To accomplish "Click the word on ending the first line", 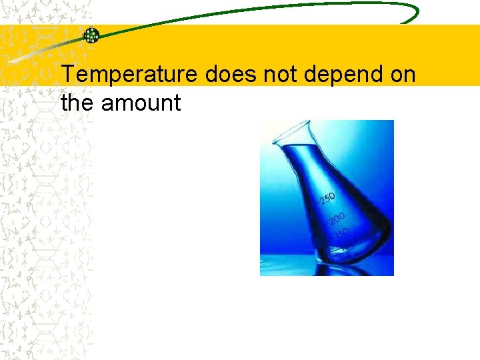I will (403, 75).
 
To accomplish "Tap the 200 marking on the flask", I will (337, 219).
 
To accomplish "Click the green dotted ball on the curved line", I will (91, 35).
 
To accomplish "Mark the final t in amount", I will (177, 103).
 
